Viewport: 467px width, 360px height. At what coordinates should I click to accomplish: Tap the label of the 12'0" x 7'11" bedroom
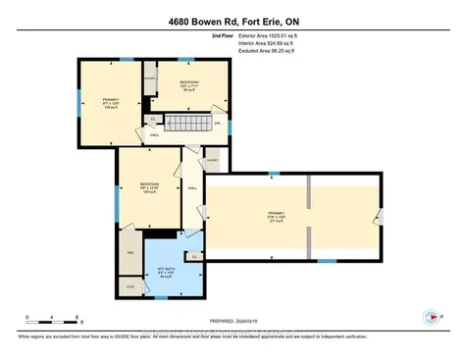(x=188, y=85)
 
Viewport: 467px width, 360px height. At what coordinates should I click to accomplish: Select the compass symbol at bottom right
(x=429, y=317)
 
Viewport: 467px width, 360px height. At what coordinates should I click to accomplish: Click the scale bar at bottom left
(x=53, y=321)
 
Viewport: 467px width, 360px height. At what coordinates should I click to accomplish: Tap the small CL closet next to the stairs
(x=153, y=120)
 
